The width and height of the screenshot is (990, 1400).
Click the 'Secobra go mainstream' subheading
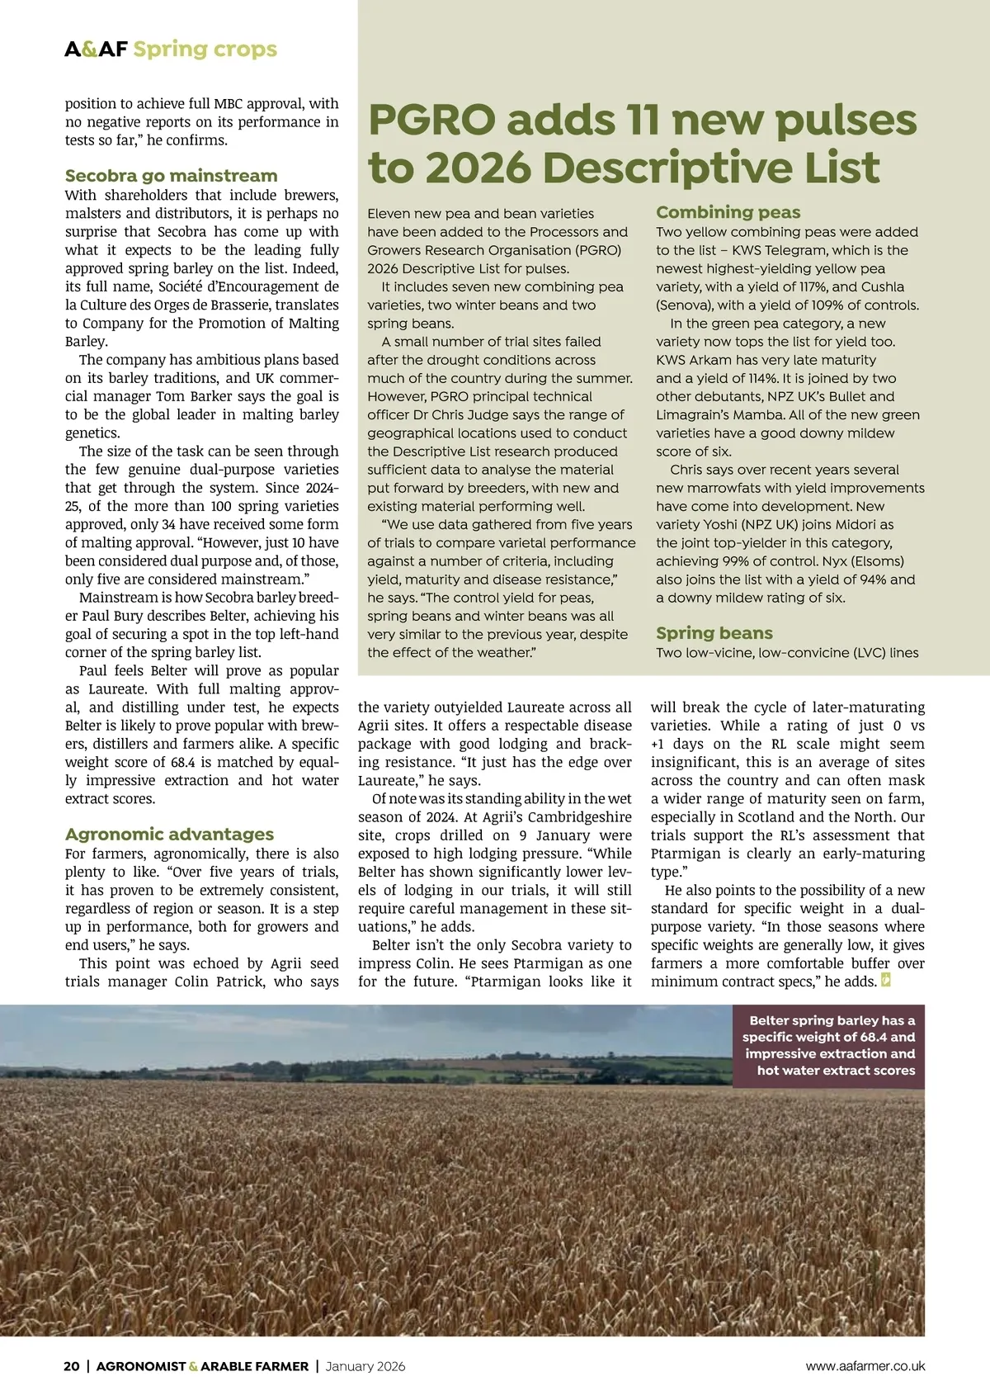click(171, 176)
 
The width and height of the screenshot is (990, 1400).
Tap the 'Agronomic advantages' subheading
click(169, 835)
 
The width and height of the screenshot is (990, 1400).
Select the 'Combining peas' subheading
click(728, 212)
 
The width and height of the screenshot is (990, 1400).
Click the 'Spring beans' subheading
click(714, 633)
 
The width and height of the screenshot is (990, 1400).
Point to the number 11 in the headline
click(645, 121)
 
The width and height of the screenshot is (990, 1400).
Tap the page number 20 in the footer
click(72, 1366)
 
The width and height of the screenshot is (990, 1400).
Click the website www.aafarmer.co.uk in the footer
click(865, 1366)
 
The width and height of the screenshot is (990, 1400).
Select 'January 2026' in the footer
click(365, 1366)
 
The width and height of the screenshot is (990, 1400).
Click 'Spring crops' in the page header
click(205, 50)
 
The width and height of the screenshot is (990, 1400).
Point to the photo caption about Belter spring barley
click(828, 1045)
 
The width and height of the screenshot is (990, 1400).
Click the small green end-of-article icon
click(886, 981)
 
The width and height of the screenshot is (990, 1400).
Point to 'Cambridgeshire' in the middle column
click(577, 835)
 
